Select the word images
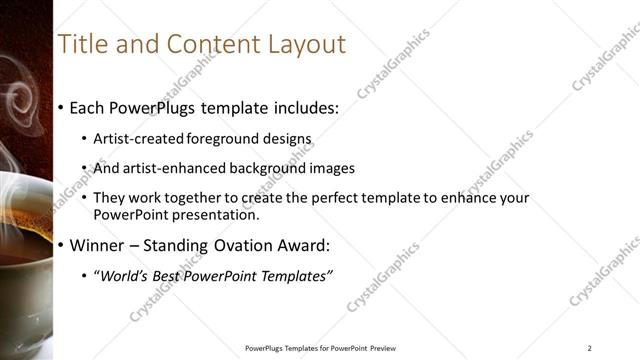[331, 169]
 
